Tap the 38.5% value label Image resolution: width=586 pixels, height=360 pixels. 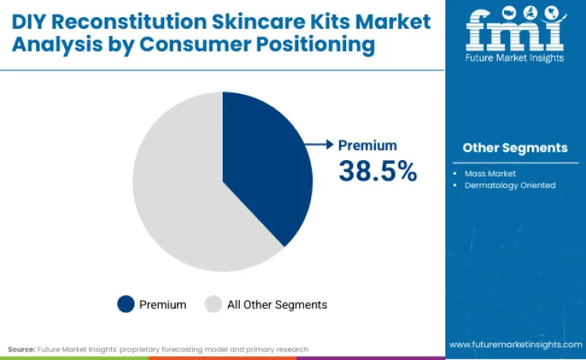click(x=377, y=170)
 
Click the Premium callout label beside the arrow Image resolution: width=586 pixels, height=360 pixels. click(x=367, y=145)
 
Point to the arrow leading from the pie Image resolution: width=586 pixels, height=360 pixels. click(x=319, y=144)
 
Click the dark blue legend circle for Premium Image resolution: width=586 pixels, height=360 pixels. click(x=125, y=304)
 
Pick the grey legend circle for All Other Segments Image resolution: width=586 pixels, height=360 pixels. click(x=213, y=304)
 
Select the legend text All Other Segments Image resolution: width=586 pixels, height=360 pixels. click(x=277, y=305)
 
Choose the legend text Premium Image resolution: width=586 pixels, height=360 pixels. click(x=163, y=305)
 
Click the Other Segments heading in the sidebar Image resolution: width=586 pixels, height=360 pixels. click(x=515, y=148)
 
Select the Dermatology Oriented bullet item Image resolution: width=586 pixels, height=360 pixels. click(x=509, y=185)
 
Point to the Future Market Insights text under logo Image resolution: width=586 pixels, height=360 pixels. click(x=515, y=59)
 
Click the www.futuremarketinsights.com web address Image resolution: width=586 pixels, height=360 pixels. click(x=515, y=344)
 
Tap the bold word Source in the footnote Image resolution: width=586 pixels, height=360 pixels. click(x=21, y=349)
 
